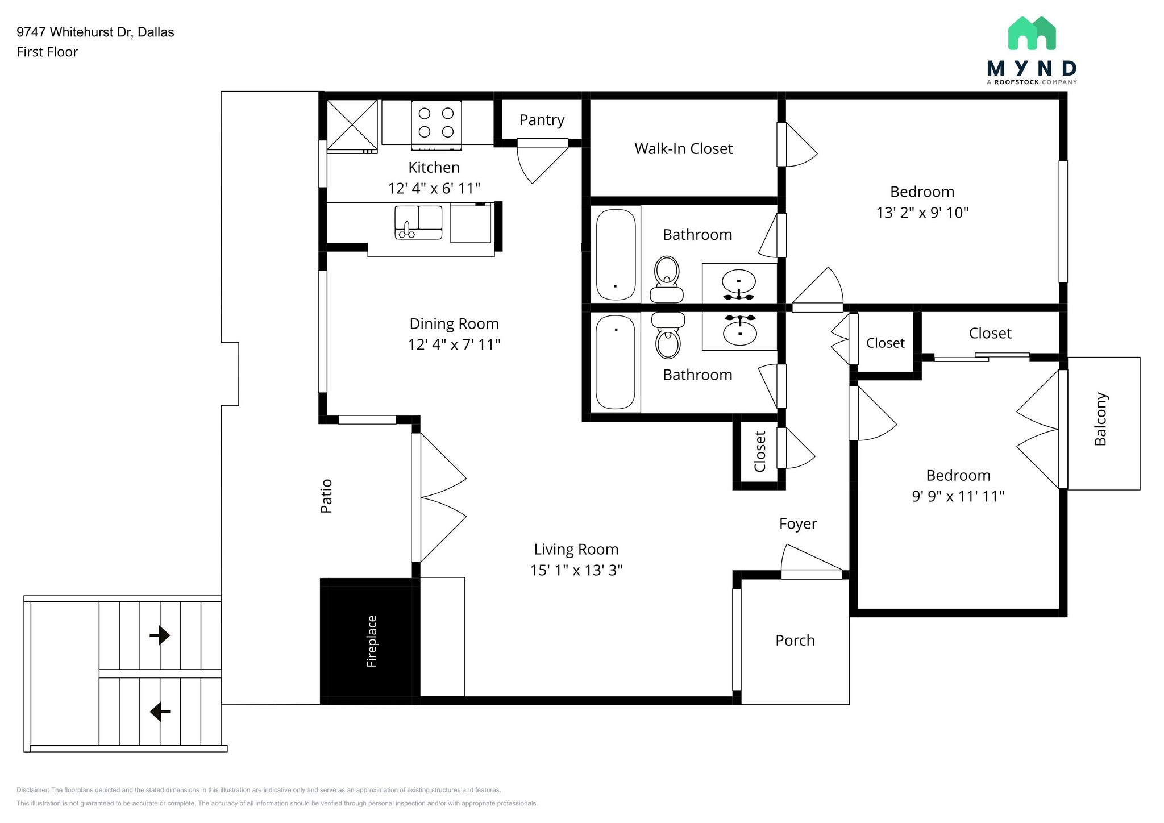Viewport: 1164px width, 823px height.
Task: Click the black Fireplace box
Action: pos(371,641)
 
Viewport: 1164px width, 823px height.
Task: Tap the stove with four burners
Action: pos(436,123)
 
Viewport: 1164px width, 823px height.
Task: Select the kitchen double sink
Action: pos(418,222)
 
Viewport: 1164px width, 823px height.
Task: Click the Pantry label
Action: pos(542,120)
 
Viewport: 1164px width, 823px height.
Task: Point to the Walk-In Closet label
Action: pos(683,149)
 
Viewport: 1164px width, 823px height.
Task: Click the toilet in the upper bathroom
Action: pos(667,279)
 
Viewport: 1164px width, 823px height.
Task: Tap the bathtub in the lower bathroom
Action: pos(615,361)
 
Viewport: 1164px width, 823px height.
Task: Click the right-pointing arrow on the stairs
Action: pos(160,635)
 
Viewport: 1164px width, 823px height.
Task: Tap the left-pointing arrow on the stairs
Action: pos(160,711)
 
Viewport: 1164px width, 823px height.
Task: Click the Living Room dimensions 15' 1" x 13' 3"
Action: pos(576,570)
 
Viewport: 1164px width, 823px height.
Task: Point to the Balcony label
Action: pos(1100,419)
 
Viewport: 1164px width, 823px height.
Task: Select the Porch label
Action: pos(795,641)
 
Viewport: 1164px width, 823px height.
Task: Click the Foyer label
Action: pos(797,524)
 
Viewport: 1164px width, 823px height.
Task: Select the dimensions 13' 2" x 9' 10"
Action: pos(922,213)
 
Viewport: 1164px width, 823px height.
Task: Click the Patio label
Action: pos(326,496)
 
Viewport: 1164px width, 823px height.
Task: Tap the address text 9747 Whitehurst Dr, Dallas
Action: pos(95,32)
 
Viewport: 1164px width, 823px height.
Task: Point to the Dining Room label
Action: pos(454,324)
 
